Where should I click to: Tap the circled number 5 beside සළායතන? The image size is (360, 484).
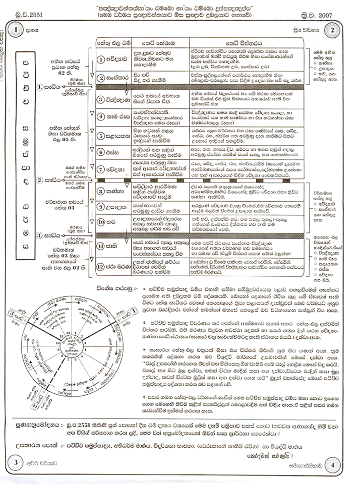point(100,135)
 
